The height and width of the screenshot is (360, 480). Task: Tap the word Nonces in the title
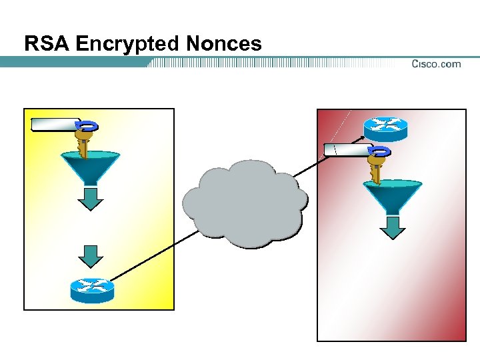click(225, 44)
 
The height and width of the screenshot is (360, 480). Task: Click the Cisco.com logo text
click(436, 64)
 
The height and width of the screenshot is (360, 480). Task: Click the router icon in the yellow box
click(92, 289)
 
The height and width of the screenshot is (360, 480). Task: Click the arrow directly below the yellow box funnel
click(90, 198)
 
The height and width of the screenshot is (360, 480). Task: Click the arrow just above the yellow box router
click(91, 256)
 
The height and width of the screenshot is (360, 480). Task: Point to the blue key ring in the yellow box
click(89, 125)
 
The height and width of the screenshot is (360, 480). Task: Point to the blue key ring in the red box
click(381, 151)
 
